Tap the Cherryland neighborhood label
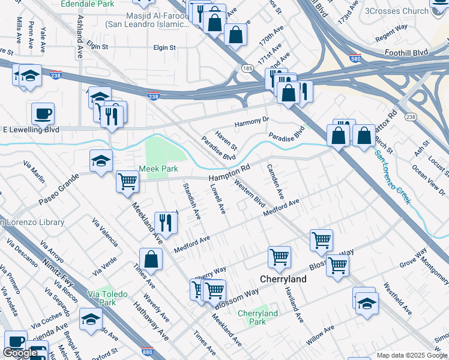pos(283,279)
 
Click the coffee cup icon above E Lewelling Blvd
pos(43,112)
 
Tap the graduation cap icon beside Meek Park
pos(101,160)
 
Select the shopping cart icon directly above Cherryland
pos(279,256)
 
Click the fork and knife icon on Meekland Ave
pos(164,223)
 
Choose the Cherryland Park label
pos(258,317)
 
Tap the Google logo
pos(20,353)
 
